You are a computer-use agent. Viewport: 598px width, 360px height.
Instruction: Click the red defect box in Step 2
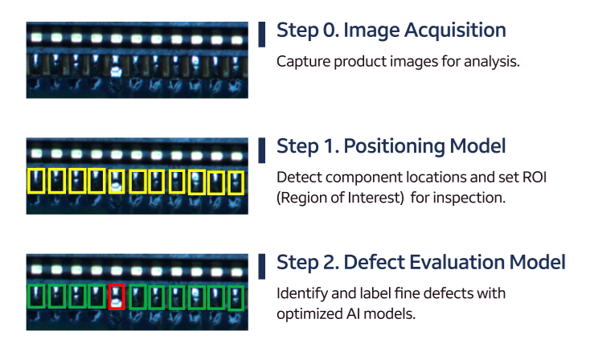pyautogui.click(x=109, y=297)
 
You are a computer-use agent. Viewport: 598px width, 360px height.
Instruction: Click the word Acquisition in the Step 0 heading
pyautogui.click(x=455, y=30)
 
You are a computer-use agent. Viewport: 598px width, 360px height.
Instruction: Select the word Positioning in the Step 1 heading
pyautogui.click(x=394, y=146)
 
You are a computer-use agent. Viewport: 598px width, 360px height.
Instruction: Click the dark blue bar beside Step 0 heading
pyautogui.click(x=262, y=35)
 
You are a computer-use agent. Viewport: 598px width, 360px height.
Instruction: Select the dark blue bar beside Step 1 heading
pyautogui.click(x=262, y=150)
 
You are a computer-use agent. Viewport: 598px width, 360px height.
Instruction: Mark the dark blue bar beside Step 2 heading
pyautogui.click(x=262, y=266)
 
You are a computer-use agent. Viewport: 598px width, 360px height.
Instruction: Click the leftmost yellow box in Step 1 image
pyautogui.click(x=29, y=181)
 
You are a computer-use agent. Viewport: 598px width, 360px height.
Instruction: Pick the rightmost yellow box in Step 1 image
pyautogui.click(x=229, y=182)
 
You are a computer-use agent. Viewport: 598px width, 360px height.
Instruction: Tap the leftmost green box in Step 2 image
pyautogui.click(x=29, y=296)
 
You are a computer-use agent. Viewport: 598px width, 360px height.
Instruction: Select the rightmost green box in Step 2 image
pyautogui.click(x=229, y=298)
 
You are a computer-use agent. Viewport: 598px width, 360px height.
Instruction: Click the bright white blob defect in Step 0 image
pyautogui.click(x=116, y=72)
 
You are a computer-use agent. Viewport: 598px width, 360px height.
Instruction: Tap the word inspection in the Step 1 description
pyautogui.click(x=469, y=198)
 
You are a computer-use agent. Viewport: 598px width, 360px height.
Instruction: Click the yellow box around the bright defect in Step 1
pyautogui.click(x=109, y=182)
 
